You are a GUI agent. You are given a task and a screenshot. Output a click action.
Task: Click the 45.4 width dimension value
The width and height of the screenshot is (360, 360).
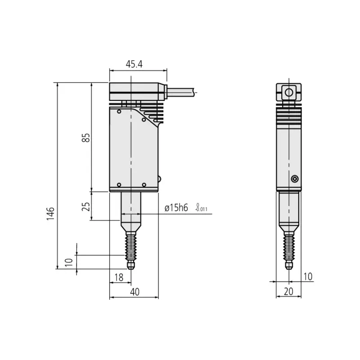134,64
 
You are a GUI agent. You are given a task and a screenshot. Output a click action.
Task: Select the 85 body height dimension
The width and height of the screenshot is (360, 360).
87,137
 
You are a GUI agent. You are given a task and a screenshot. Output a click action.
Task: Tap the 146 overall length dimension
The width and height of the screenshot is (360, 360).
50,212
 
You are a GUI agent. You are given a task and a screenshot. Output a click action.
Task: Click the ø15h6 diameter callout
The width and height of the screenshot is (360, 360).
176,208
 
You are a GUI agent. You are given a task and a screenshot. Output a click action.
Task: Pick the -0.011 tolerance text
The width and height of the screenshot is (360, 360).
202,210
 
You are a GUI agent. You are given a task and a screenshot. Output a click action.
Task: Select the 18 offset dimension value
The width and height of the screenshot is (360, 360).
119,278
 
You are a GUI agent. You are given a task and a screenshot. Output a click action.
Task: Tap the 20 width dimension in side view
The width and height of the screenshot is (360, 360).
288,292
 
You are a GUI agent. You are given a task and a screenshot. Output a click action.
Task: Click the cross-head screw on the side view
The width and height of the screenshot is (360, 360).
294,179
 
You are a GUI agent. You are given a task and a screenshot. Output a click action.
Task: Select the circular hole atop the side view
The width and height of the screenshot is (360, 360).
288,93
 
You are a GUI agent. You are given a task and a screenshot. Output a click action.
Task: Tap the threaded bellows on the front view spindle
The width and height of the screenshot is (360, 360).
130,245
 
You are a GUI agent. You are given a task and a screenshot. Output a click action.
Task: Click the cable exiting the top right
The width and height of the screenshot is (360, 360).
182,92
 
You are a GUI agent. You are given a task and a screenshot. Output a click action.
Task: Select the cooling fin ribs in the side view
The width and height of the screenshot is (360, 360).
288,114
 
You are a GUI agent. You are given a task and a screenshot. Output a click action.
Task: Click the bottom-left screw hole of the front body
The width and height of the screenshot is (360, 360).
119,185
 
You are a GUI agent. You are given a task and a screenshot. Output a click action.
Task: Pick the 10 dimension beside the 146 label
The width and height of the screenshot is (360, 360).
68,262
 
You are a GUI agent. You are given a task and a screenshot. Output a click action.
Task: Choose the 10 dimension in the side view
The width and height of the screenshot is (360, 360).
308,276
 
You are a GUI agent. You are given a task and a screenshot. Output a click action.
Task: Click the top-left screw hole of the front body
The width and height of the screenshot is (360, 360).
119,111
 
